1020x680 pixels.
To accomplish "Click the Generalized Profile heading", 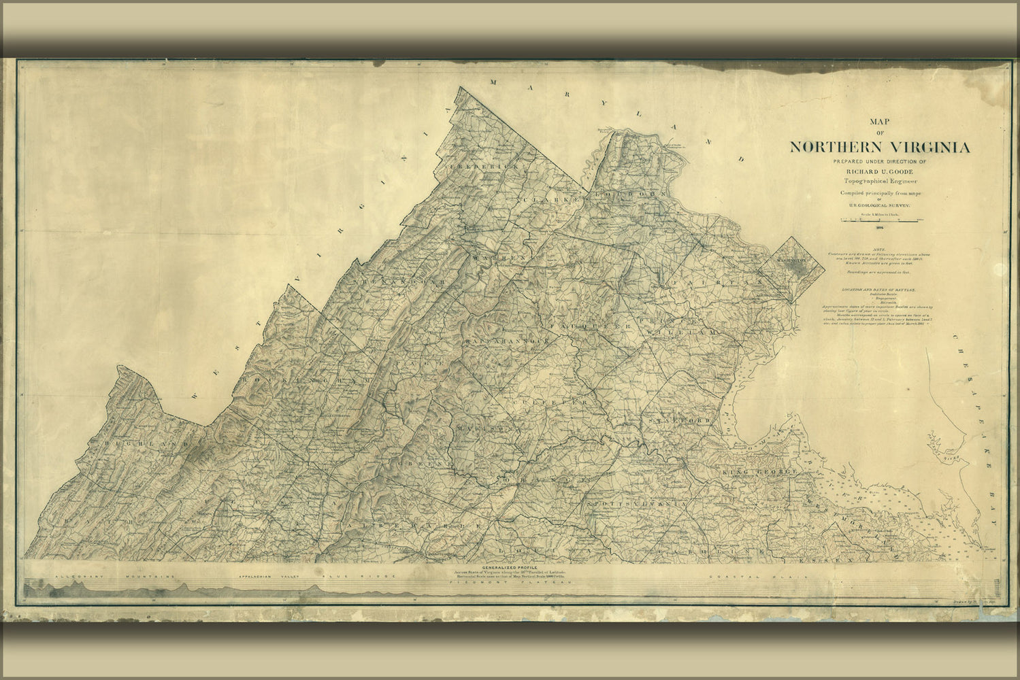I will (x=510, y=567).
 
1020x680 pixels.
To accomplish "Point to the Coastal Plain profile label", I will (x=756, y=577).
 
